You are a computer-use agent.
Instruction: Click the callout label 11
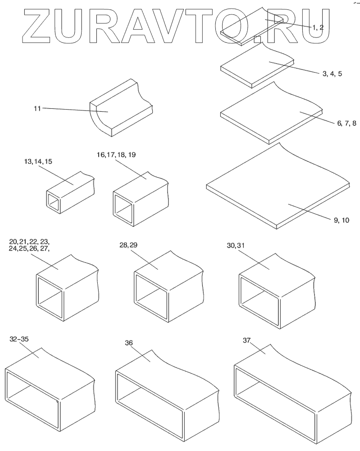37,108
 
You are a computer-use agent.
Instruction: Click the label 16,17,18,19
116,155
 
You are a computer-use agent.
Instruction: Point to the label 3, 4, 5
332,73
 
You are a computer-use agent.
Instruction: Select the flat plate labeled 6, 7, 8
273,113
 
